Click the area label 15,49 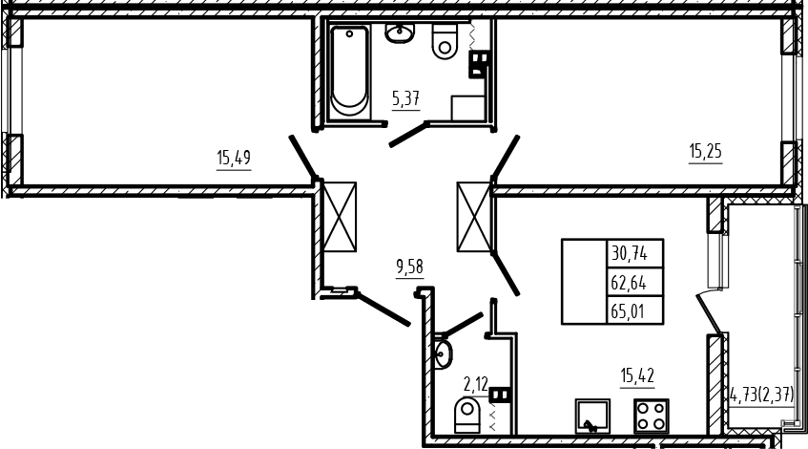click(234, 158)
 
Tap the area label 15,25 click(706, 151)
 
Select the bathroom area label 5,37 click(406, 97)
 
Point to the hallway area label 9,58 click(409, 267)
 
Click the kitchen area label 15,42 click(637, 375)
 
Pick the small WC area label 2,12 click(475, 384)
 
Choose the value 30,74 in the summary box click(629, 253)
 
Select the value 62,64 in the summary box click(629, 283)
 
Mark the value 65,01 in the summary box click(628, 311)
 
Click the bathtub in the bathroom click(349, 73)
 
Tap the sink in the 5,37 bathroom click(399, 33)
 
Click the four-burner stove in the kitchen click(652, 416)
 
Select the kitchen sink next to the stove click(592, 416)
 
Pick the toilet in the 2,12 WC click(467, 415)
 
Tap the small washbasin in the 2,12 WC click(443, 354)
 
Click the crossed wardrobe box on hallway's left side click(340, 216)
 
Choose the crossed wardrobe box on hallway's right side click(474, 217)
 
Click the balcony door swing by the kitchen click(710, 312)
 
